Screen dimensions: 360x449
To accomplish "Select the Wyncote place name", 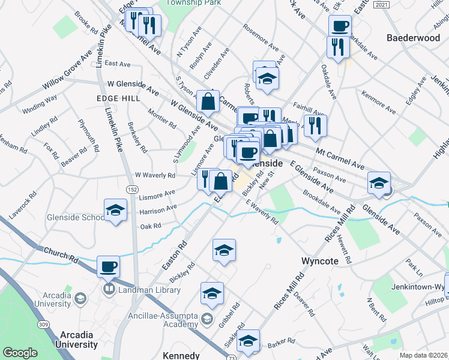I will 320,262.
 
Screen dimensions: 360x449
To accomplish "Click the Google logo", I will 20,353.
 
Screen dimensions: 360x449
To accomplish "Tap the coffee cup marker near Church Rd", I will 108,266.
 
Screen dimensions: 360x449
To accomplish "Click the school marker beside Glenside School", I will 116,210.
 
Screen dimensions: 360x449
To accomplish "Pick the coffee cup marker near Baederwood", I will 340,26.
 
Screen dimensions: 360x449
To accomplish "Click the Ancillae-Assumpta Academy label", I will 161,317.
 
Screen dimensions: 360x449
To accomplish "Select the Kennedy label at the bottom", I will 181,355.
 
